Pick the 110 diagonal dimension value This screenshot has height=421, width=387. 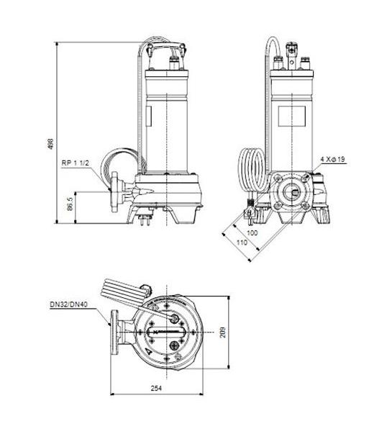tap(241, 243)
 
